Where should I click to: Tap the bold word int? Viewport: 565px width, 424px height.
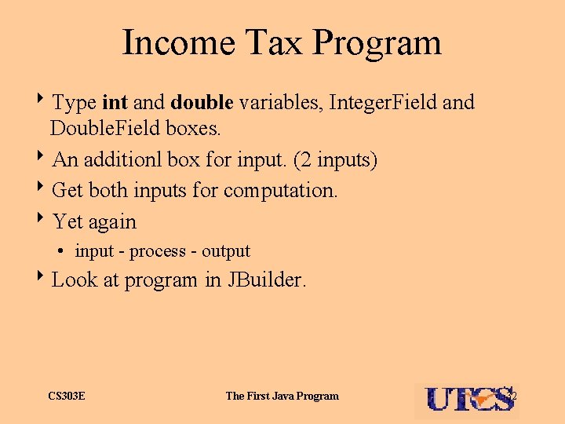click(115, 102)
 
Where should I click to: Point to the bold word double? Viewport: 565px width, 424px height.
click(202, 102)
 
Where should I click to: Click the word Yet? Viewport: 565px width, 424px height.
click(67, 221)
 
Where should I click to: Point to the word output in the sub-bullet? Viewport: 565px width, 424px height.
click(225, 251)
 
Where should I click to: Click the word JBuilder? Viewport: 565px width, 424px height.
click(266, 280)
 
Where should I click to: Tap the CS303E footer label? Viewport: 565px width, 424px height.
click(67, 396)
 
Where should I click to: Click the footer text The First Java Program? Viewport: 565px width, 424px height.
click(282, 396)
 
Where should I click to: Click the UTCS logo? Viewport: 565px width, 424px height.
click(467, 399)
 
